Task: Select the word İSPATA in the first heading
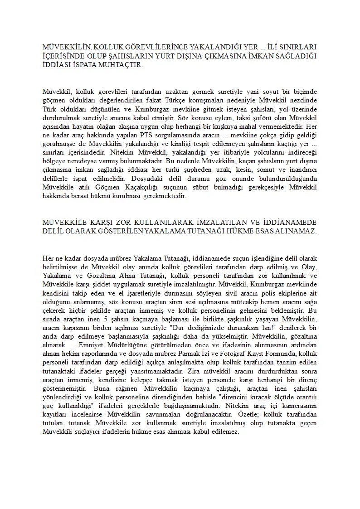point(84,65)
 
